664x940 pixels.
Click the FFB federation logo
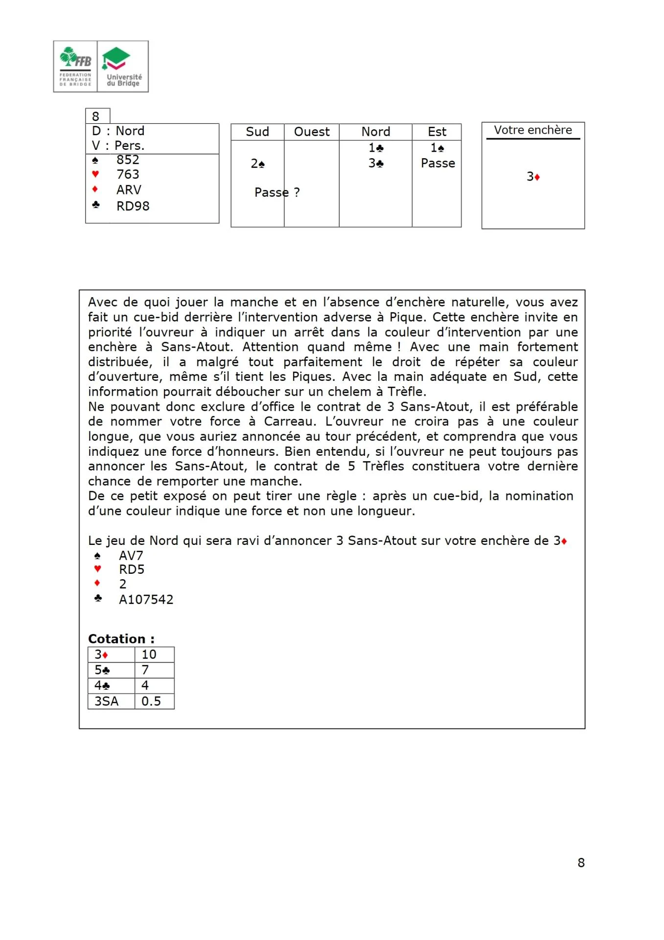click(75, 67)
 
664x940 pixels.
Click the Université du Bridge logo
click(123, 67)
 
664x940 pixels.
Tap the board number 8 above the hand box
click(96, 117)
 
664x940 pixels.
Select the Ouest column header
click(312, 132)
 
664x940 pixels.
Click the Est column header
click(436, 132)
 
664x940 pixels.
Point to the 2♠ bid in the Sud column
click(257, 164)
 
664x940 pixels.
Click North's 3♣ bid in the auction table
click(376, 163)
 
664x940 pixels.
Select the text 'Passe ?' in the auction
click(277, 192)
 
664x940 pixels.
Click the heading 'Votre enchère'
click(533, 130)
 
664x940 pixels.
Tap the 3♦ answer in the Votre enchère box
click(533, 177)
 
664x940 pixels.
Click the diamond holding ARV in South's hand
click(129, 190)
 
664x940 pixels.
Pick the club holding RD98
click(133, 206)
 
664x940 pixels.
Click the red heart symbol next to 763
click(95, 174)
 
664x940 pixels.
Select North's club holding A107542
click(146, 600)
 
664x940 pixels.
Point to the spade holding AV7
click(131, 556)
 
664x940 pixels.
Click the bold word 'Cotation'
click(117, 639)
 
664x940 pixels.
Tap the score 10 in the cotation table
click(149, 655)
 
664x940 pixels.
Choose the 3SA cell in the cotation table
click(107, 702)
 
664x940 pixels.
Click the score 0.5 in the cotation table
click(151, 702)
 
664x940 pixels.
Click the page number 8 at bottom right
click(581, 863)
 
